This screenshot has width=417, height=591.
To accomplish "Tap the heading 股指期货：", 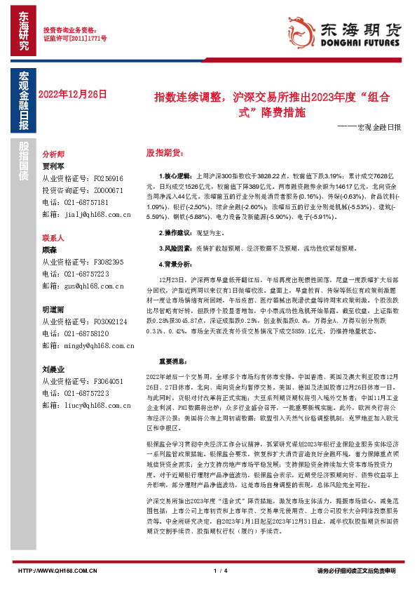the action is tap(163, 152).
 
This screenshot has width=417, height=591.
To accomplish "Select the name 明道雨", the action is tap(53, 310).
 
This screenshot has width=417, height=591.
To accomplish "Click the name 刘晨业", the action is tap(53, 369).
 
